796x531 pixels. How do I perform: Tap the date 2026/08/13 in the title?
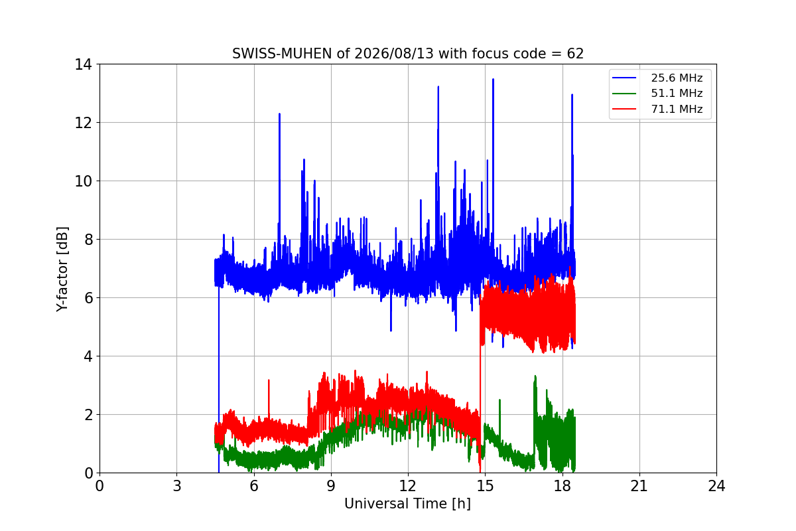pos(394,54)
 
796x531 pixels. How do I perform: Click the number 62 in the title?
pos(575,54)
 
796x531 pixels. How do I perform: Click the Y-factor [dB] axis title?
pos(62,269)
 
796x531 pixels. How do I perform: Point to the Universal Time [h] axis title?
pos(407,504)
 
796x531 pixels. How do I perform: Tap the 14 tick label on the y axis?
pos(83,65)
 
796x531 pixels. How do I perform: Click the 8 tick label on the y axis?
pos(88,240)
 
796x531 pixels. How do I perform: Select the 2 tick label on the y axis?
pos(88,415)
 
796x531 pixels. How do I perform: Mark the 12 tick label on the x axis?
pos(408,486)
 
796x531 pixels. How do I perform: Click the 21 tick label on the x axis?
pos(639,486)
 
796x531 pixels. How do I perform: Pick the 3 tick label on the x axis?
pos(177,486)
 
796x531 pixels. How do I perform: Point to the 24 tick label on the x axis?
pos(716,486)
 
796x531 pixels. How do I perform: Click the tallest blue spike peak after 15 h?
pos(493,80)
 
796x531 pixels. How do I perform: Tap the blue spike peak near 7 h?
pos(280,114)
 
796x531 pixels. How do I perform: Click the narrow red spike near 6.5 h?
pos(269,380)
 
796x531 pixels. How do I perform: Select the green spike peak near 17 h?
pos(535,376)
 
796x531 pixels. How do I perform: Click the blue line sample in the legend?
pos(624,78)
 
